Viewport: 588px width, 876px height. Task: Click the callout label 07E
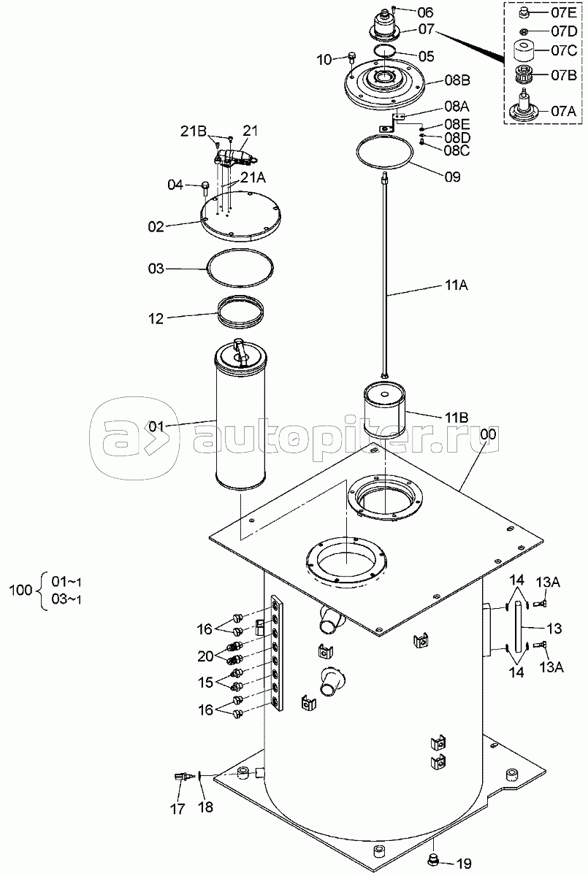point(564,12)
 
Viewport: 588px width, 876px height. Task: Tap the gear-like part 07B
point(524,74)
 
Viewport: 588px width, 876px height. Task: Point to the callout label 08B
point(457,80)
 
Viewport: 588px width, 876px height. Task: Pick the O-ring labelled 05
point(384,51)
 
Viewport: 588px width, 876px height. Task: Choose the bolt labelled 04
point(205,188)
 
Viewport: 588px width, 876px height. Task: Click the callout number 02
point(156,227)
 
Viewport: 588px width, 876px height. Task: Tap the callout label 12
point(156,319)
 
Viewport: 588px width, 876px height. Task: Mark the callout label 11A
point(457,286)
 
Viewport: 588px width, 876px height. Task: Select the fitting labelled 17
point(183,776)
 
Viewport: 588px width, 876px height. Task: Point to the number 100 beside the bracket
point(20,590)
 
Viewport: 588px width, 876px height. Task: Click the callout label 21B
point(194,132)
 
